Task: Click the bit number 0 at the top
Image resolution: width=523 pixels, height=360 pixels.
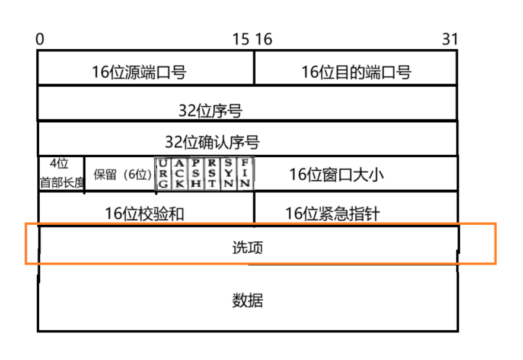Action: pos(40,39)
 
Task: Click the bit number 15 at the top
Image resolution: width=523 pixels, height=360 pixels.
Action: pos(241,39)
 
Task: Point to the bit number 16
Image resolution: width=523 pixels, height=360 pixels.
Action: pos(263,39)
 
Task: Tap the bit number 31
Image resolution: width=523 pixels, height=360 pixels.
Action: pos(450,39)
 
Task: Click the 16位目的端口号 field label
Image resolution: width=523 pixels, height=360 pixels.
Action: pos(356,72)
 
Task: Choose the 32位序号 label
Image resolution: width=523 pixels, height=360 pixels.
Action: pos(211,110)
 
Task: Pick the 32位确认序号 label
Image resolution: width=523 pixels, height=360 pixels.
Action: pos(212,142)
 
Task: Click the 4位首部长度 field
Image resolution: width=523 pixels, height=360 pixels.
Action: pos(62,174)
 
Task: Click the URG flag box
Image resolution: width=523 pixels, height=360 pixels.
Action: pos(164,174)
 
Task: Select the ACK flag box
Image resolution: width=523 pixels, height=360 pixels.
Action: pos(180,174)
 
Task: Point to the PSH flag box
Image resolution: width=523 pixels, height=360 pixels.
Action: pos(196,174)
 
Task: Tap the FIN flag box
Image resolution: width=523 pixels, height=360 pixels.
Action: pos(245,174)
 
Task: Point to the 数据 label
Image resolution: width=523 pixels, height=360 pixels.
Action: pos(247,300)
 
